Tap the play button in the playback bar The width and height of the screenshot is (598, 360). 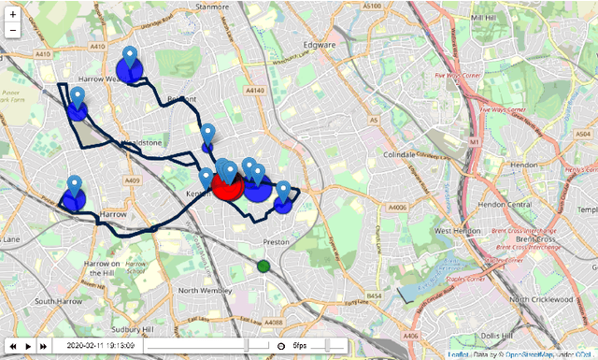coord(28,346)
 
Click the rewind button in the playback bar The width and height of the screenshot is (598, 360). coord(13,346)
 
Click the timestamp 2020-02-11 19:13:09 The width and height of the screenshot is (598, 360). coord(93,346)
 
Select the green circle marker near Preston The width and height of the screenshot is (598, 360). coord(263,267)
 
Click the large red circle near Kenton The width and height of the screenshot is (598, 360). coord(226,185)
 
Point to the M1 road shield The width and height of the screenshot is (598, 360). coord(475,142)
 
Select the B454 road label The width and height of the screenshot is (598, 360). coord(374,295)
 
